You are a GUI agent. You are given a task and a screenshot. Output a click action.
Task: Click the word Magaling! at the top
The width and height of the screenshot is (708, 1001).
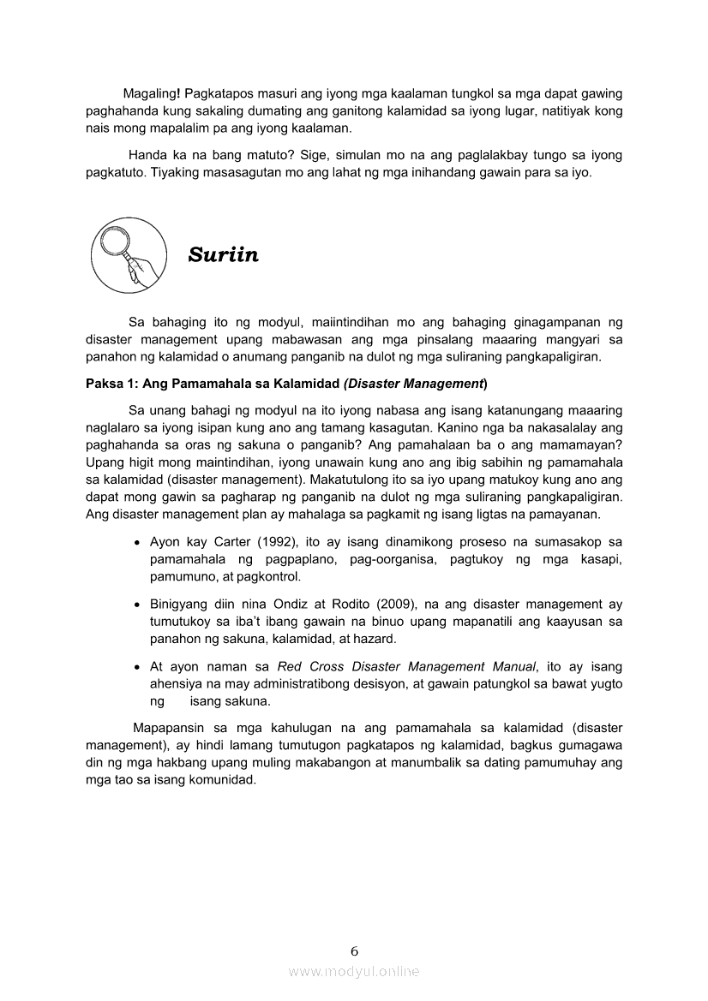(150, 92)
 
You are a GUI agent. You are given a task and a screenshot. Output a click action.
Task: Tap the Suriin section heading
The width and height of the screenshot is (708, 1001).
(224, 255)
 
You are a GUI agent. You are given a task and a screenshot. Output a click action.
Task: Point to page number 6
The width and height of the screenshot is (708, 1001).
(354, 950)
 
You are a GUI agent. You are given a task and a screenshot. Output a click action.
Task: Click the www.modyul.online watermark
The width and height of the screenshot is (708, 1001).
(354, 971)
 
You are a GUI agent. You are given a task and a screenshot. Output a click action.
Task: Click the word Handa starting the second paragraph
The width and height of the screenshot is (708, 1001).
(147, 155)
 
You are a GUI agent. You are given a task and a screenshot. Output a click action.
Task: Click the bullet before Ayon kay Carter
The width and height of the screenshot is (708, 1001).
(137, 543)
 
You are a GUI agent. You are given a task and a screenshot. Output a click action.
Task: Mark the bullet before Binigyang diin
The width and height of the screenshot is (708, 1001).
(137, 605)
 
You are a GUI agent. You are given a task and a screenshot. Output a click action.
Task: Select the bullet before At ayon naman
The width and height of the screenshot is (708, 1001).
(137, 667)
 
